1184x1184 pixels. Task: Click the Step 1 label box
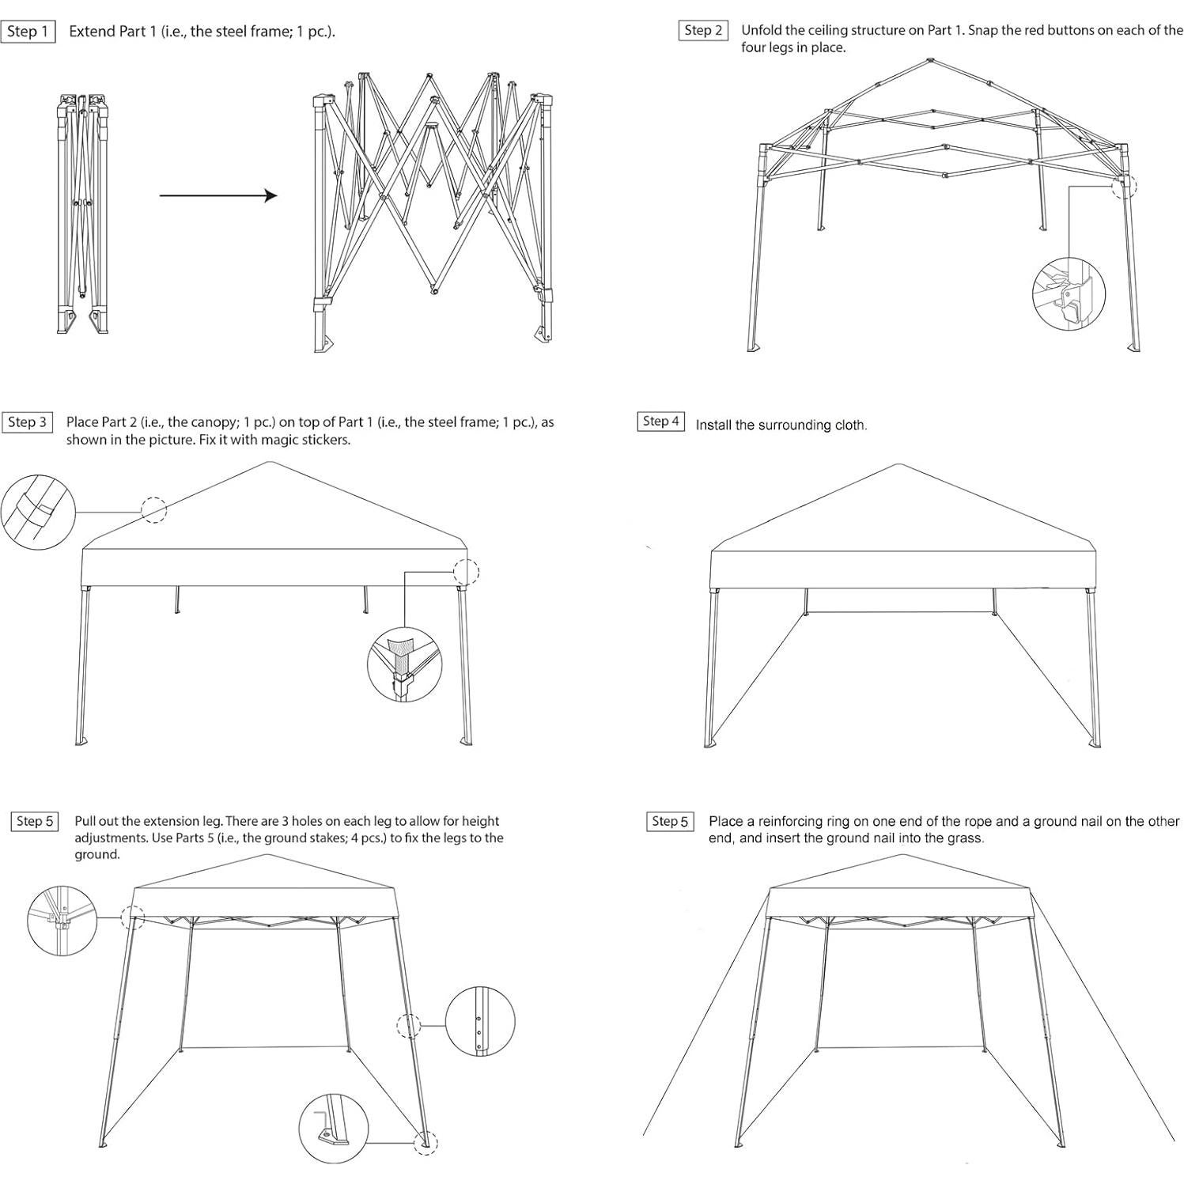(28, 32)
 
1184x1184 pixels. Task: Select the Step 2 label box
(703, 31)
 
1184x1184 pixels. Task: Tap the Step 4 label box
(660, 422)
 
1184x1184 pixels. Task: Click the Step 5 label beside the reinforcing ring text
(670, 822)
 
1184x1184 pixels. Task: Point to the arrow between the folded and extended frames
(218, 195)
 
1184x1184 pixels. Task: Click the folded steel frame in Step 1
(81, 214)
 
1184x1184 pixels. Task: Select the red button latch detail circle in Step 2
(1068, 293)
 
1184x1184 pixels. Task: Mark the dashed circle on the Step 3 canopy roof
(154, 510)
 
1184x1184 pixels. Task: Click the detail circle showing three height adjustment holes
(480, 1020)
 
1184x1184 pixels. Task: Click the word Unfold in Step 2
(760, 31)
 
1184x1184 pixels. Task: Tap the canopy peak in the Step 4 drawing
(898, 465)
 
